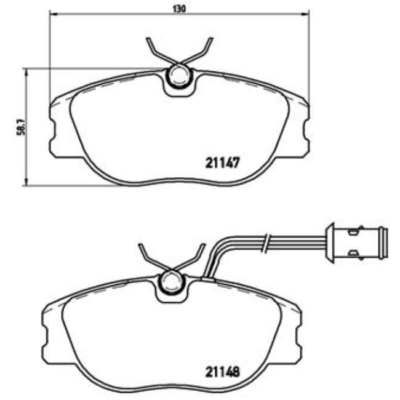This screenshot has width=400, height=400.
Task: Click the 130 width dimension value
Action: point(178,8)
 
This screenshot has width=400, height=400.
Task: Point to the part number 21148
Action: point(220,372)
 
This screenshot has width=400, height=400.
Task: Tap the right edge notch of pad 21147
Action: point(306,130)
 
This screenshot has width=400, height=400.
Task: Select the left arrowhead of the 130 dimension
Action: point(52,14)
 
